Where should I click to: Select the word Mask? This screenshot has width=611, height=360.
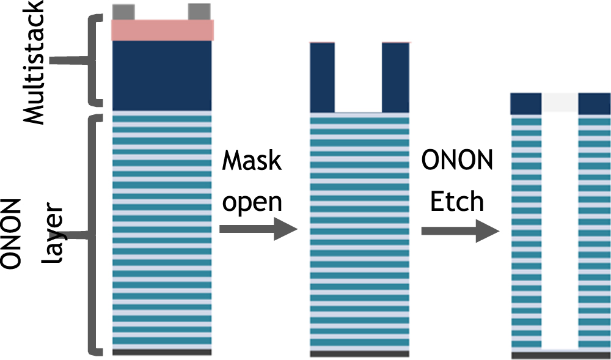click(x=252, y=161)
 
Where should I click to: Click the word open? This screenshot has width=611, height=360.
click(x=252, y=202)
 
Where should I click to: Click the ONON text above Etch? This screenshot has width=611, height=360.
click(x=458, y=161)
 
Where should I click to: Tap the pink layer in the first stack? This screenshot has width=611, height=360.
click(x=162, y=30)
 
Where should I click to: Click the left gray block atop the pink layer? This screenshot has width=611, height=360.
click(x=123, y=11)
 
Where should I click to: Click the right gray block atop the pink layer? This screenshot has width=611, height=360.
click(x=199, y=11)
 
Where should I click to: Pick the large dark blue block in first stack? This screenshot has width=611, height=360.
click(x=162, y=75)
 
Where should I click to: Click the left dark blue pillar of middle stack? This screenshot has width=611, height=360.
click(x=323, y=77)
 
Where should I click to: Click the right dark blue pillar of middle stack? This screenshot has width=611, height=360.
click(x=395, y=77)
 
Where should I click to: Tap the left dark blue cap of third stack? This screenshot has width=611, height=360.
click(x=526, y=104)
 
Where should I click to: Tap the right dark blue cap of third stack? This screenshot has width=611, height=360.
click(x=594, y=104)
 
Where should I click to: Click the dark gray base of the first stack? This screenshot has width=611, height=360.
click(x=162, y=352)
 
